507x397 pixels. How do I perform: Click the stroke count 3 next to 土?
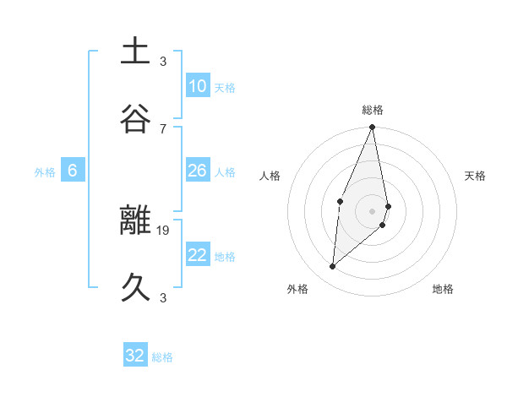tap(163, 61)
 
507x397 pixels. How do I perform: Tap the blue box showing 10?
tap(198, 86)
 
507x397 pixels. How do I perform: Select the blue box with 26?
tap(198, 171)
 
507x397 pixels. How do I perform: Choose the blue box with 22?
tap(198, 255)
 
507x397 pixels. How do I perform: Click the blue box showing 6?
tap(73, 171)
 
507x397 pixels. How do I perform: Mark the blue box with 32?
tap(135, 356)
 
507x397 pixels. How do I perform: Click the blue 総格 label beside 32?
tap(162, 357)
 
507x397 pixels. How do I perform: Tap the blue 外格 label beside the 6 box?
tap(45, 172)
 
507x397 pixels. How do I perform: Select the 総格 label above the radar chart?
tap(373, 110)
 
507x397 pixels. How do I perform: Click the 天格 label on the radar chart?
tap(475, 176)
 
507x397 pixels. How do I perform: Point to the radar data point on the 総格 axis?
tap(373, 128)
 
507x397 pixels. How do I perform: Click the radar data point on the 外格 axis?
tap(333, 267)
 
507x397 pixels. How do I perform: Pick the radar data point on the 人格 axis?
tap(340, 201)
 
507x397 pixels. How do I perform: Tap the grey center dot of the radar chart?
tap(373, 210)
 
